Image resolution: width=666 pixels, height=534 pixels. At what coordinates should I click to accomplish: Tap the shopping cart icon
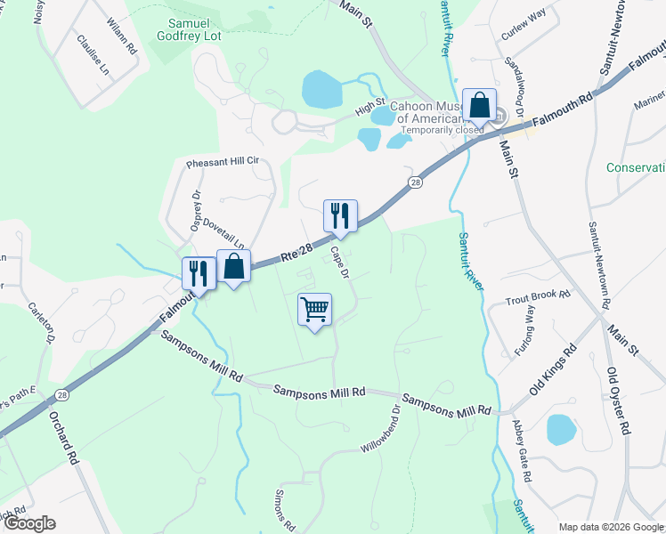pyautogui.click(x=314, y=310)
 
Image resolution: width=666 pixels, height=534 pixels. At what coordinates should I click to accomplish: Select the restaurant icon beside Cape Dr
pyautogui.click(x=340, y=215)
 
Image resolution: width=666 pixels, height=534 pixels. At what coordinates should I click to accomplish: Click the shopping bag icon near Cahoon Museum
pyautogui.click(x=479, y=105)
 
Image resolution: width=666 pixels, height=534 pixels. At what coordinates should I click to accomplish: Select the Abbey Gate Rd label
pyautogui.click(x=523, y=451)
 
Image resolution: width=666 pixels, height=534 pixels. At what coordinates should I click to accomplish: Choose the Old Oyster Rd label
pyautogui.click(x=620, y=400)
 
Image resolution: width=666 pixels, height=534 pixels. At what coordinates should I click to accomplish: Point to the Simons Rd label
pyautogui.click(x=281, y=506)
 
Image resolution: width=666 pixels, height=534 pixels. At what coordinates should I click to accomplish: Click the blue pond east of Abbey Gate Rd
pyautogui.click(x=561, y=428)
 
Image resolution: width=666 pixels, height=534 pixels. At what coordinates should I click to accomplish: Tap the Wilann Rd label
pyautogui.click(x=120, y=36)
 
